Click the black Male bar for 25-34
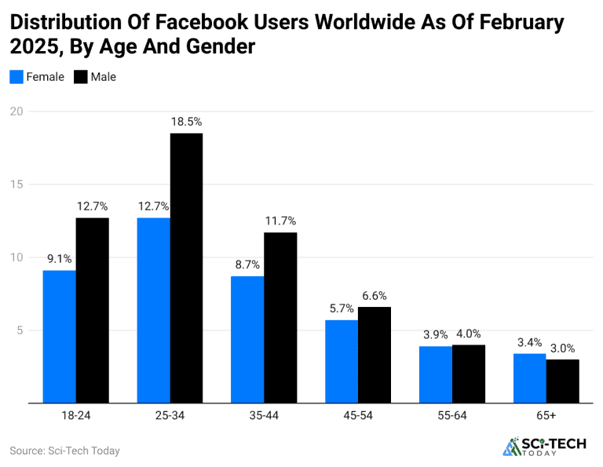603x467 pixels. (x=186, y=268)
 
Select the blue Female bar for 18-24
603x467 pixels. (x=60, y=337)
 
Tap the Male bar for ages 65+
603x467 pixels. (x=562, y=381)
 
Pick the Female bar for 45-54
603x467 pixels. (x=342, y=361)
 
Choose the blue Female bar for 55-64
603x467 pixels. (x=436, y=374)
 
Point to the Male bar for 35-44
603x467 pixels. (x=280, y=318)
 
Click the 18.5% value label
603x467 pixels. (x=187, y=122)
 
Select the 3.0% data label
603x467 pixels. (x=563, y=348)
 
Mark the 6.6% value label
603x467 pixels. (x=375, y=295)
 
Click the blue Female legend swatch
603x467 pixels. (x=16, y=77)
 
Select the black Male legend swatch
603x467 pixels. (x=81, y=77)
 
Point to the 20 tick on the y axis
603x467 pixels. (x=16, y=111)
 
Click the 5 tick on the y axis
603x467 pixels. (x=20, y=330)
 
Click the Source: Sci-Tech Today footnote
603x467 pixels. (x=64, y=451)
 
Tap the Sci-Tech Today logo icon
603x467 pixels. (x=512, y=447)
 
